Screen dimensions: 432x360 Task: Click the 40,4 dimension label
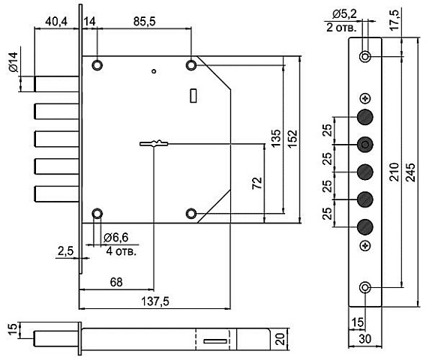[56, 22]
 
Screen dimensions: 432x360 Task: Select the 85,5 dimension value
[144, 22]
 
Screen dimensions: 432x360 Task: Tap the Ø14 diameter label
[13, 62]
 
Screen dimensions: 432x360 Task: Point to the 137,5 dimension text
[155, 301]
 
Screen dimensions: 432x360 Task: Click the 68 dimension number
[116, 282]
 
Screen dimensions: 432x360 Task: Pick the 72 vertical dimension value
[257, 183]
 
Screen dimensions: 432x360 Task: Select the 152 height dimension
[292, 139]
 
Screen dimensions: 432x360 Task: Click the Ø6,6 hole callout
[116, 238]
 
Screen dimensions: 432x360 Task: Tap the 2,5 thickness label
[65, 251]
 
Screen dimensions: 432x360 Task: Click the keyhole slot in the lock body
[154, 143]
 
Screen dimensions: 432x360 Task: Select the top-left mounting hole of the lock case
[97, 65]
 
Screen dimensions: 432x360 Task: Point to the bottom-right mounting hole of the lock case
[191, 214]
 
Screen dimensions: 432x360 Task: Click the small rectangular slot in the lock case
[193, 95]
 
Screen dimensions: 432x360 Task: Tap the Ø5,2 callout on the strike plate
[344, 14]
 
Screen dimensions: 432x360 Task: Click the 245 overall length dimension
[410, 172]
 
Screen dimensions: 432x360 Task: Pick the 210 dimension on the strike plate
[394, 172]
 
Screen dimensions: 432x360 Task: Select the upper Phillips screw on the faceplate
[365, 98]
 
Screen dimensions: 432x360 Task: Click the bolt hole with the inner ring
[365, 144]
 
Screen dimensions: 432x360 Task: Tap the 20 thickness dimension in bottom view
[280, 339]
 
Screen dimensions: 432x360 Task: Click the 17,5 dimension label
[394, 20]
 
